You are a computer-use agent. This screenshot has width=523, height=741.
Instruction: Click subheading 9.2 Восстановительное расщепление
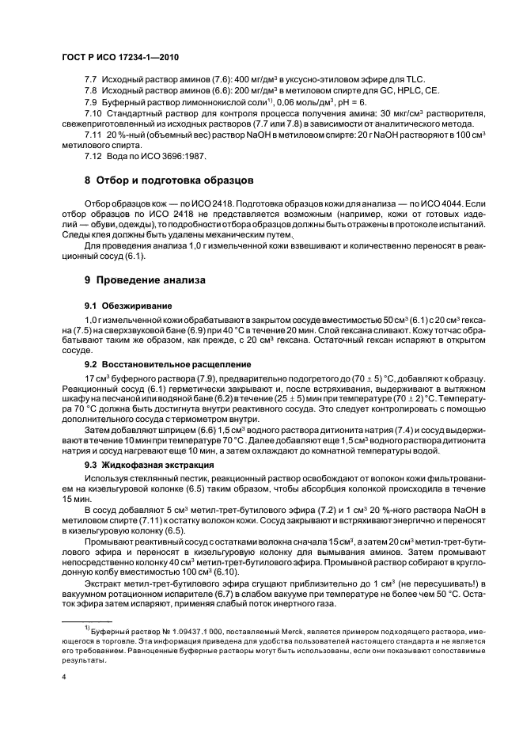[x=157, y=363]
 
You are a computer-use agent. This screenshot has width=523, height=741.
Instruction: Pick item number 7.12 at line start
[x=93, y=155]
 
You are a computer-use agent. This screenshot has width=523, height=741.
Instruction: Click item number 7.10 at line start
[x=93, y=114]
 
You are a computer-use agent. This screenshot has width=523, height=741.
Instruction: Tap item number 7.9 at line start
[x=90, y=103]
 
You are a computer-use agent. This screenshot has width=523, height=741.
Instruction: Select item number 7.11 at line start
[x=93, y=135]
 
